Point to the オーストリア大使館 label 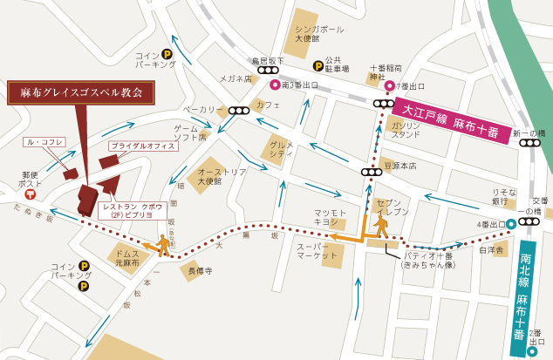tap(210, 177)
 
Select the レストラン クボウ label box tap(131, 209)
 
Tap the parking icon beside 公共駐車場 tap(315, 65)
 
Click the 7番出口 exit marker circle tap(390, 86)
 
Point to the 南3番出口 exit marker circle tap(274, 85)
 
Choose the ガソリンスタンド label tap(406, 130)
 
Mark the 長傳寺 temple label tap(201, 271)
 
